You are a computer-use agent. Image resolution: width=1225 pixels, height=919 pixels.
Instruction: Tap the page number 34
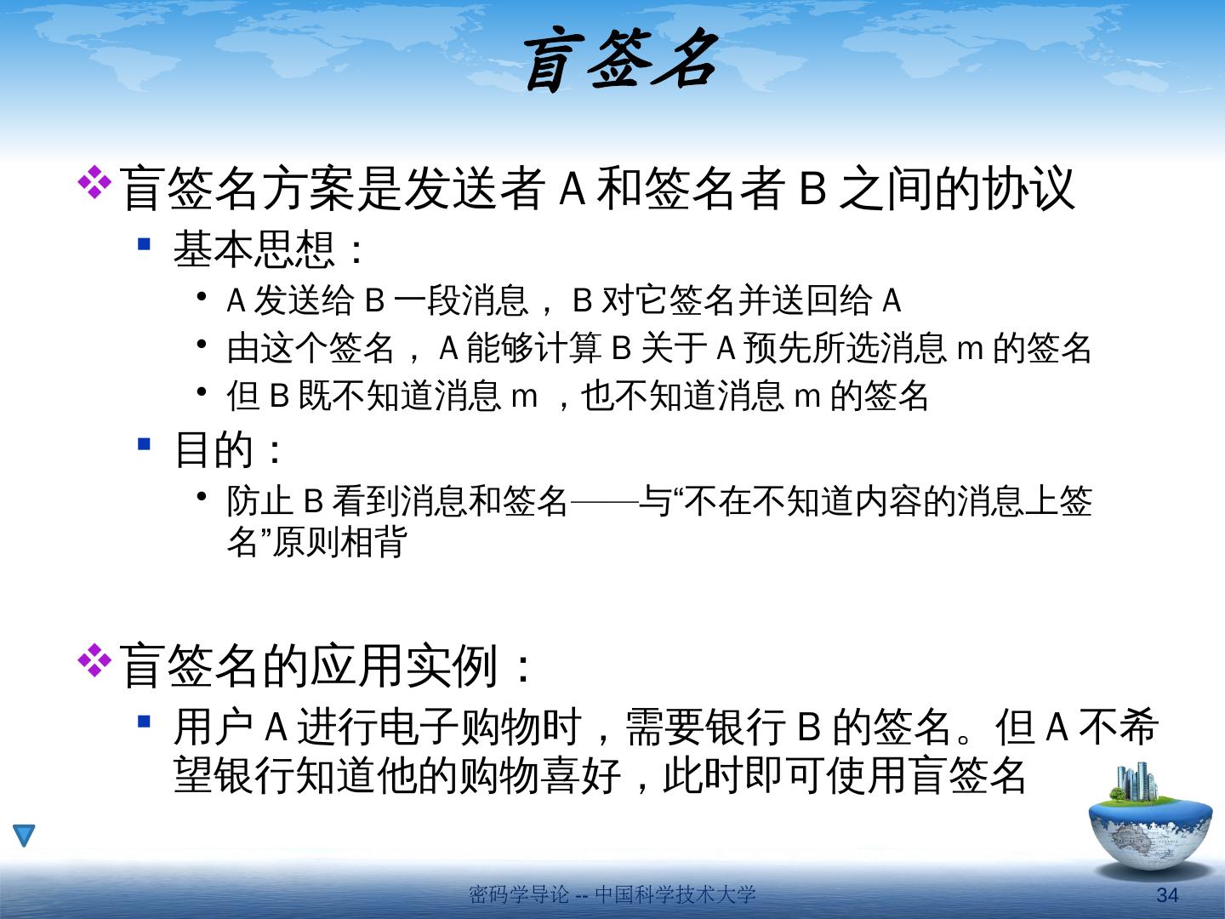(1167, 895)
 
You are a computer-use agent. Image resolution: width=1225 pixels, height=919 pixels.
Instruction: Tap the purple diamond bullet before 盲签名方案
(94, 182)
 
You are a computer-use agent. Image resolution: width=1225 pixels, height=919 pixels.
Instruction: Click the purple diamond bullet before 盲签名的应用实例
(94, 660)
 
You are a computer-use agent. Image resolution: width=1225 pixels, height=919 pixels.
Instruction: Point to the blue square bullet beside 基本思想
(144, 244)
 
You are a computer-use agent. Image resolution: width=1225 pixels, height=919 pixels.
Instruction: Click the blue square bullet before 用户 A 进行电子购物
(144, 722)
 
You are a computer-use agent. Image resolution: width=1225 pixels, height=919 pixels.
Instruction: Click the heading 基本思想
(254, 248)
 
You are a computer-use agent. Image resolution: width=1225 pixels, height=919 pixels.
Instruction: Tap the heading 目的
(214, 449)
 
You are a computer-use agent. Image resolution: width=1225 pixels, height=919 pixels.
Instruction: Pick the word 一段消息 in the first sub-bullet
(461, 300)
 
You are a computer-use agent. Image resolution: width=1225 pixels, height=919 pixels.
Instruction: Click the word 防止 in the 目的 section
(259, 500)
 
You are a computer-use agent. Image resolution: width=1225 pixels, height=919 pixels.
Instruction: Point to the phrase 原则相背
(339, 541)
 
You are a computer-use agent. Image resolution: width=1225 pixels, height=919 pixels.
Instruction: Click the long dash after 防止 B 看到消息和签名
(603, 501)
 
